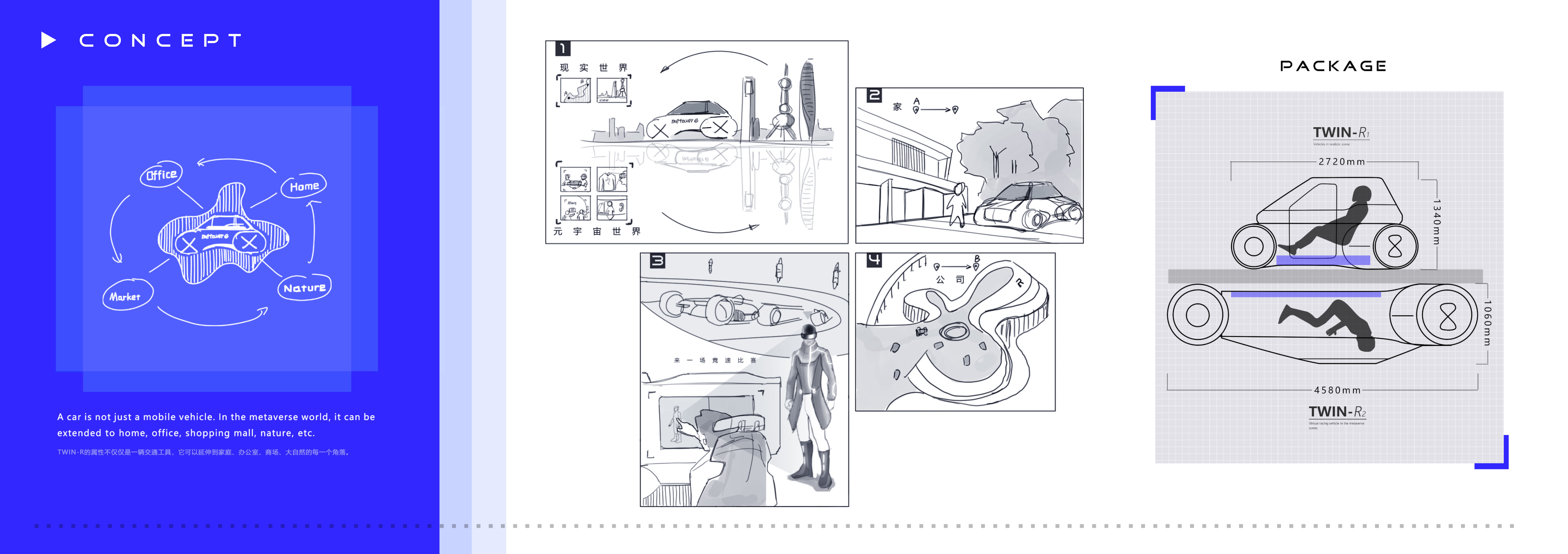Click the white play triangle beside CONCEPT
coord(48,40)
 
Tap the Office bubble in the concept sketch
coord(161,175)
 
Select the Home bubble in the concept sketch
coord(304,186)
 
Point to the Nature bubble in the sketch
coord(304,288)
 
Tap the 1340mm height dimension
coord(1437,222)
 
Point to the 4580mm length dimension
coord(1337,390)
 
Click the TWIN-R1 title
coord(1340,132)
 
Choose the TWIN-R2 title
coord(1337,412)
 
